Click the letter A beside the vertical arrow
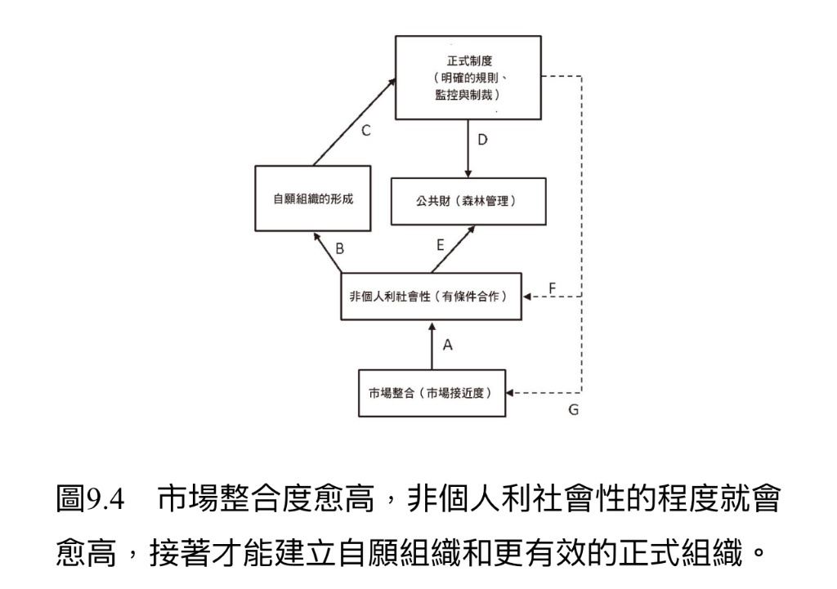(x=447, y=346)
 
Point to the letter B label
(x=339, y=248)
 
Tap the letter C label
(x=365, y=131)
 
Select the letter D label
(x=482, y=140)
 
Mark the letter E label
(x=441, y=245)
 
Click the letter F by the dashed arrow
(x=553, y=288)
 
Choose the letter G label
(x=573, y=410)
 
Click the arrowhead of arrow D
(x=468, y=174)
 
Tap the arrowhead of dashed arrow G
(x=509, y=393)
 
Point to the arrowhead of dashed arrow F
(x=526, y=296)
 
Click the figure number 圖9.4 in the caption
(x=90, y=499)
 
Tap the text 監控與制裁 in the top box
(x=463, y=95)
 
